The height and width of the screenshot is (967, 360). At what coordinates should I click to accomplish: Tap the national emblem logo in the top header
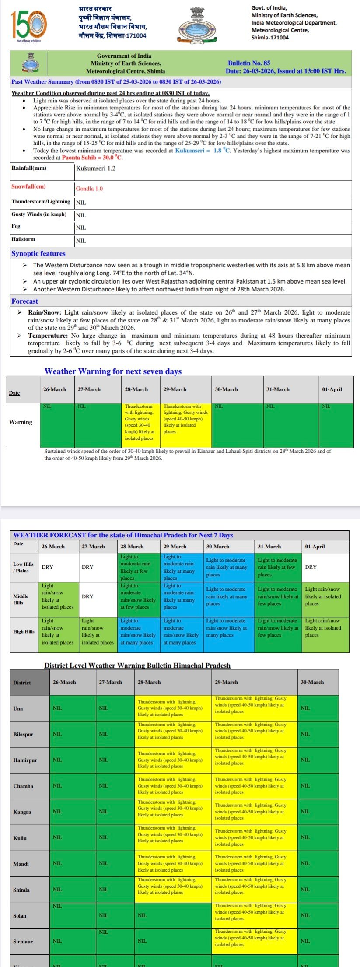tap(197, 26)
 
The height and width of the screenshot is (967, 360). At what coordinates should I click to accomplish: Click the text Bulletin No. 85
tap(249, 63)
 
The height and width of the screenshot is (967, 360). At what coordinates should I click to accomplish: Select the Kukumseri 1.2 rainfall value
tap(96, 168)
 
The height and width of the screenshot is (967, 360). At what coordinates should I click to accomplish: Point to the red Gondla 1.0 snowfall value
tap(89, 189)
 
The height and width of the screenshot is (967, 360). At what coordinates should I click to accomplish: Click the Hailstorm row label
tap(24, 239)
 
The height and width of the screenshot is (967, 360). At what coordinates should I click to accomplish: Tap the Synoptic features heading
tap(38, 253)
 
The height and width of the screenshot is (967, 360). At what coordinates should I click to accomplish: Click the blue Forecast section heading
tap(24, 301)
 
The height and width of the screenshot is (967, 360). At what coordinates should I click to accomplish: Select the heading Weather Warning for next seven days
tap(113, 371)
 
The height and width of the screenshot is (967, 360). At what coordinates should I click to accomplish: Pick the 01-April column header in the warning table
tap(332, 389)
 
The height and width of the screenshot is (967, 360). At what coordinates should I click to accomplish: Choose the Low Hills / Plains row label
tap(23, 567)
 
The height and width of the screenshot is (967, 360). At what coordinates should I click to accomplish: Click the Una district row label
tap(18, 708)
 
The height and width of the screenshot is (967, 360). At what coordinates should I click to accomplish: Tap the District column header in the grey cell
tap(22, 683)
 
